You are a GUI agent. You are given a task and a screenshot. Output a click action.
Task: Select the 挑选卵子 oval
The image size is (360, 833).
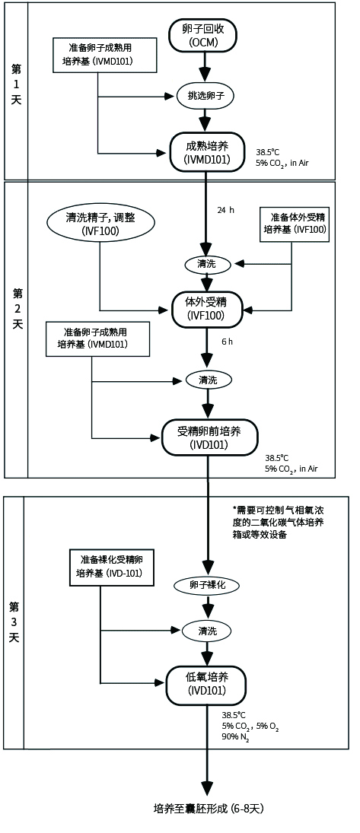click(204, 96)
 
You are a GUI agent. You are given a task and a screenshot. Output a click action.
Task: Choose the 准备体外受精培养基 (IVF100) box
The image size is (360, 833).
click(295, 223)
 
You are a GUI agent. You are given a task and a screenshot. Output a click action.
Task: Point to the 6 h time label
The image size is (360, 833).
click(226, 342)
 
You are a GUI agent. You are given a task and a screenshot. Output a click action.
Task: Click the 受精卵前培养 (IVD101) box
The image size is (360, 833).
click(209, 437)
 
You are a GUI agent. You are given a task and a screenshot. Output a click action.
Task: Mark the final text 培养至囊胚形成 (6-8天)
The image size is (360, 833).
click(209, 808)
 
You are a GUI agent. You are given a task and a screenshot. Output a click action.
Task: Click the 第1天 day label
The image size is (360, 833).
click(15, 90)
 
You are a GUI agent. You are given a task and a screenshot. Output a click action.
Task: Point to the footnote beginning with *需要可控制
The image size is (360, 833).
click(284, 523)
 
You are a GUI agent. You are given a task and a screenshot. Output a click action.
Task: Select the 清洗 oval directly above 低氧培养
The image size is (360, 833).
click(206, 630)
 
